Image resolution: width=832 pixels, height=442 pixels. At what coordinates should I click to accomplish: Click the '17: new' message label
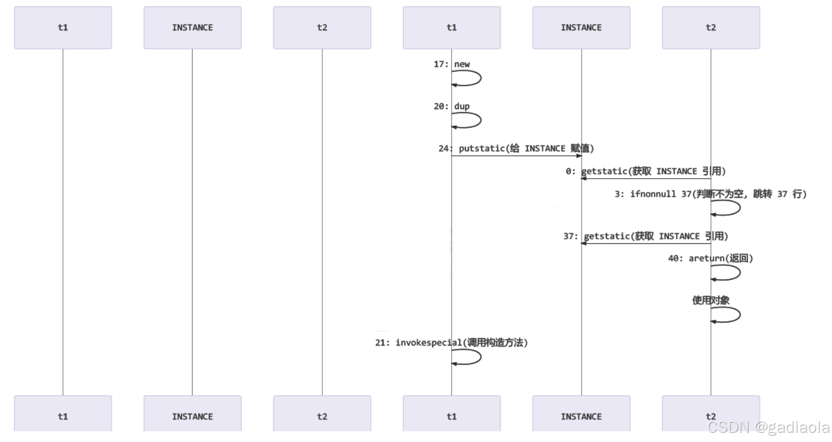click(452, 65)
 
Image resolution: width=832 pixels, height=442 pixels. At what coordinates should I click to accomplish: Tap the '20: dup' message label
click(452, 106)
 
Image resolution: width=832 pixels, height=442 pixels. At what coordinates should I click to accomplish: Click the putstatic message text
click(526, 148)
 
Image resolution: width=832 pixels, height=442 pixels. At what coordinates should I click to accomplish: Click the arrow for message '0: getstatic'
click(646, 179)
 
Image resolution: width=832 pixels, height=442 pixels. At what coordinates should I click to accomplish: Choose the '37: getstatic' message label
click(646, 236)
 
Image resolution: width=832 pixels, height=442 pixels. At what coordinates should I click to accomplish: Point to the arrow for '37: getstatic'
click(646, 244)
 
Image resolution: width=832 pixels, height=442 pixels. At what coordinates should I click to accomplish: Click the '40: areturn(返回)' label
click(710, 259)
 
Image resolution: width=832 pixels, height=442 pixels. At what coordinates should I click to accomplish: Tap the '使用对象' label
click(710, 300)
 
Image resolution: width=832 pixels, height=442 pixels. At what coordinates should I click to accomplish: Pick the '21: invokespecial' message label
click(451, 343)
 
